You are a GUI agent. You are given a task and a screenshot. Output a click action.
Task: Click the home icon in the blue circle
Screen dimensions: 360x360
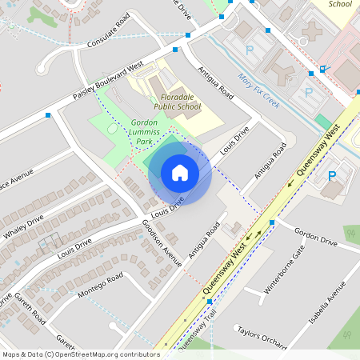[x=179, y=173]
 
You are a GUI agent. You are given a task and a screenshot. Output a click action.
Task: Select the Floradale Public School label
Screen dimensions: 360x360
[x=177, y=101]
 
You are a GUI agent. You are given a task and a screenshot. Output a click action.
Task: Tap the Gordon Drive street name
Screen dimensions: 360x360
[x=315, y=238]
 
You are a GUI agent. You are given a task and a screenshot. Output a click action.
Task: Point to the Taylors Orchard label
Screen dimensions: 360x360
[x=261, y=337]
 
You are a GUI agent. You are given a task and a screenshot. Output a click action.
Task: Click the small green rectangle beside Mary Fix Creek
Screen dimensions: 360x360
[x=323, y=121]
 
